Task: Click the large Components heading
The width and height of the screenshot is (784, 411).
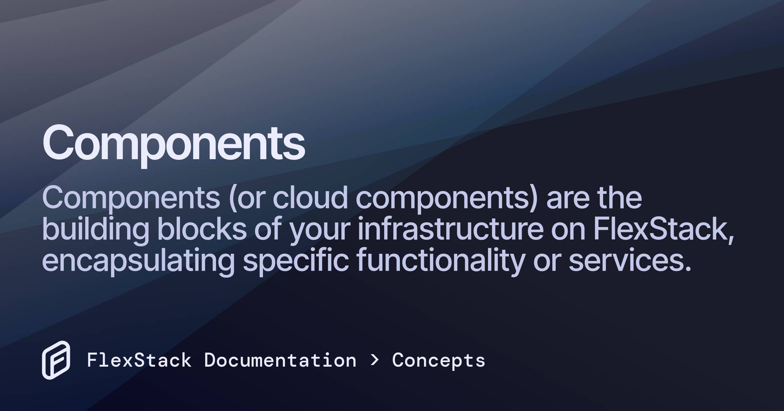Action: pyautogui.click(x=174, y=144)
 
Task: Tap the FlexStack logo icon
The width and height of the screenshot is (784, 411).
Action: pyautogui.click(x=56, y=360)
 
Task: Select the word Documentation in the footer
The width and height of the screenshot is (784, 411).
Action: pyautogui.click(x=280, y=360)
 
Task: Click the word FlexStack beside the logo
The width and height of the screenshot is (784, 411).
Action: pyautogui.click(x=139, y=360)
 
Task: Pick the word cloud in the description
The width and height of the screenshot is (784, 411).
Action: pyautogui.click(x=310, y=198)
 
